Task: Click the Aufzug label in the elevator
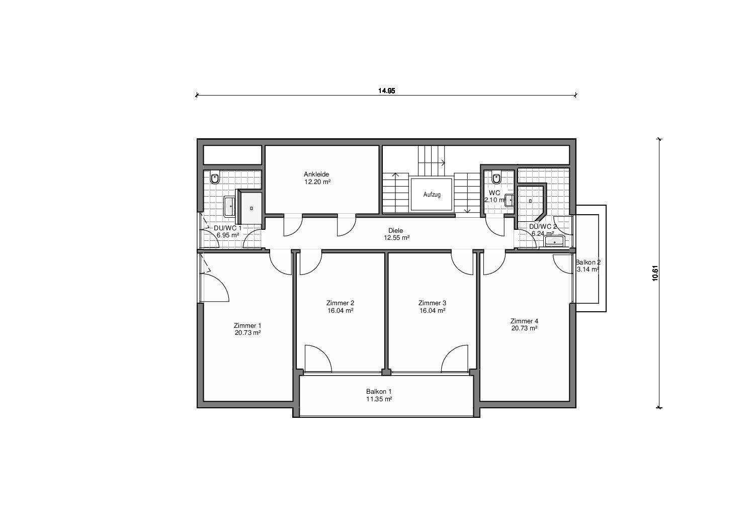432,195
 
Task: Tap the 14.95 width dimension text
387,91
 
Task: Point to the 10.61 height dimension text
655,273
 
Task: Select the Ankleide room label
316,174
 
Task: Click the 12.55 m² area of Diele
397,238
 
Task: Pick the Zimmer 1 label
247,326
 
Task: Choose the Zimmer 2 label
340,303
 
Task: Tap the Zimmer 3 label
432,303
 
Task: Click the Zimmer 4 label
524,321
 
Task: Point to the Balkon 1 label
379,392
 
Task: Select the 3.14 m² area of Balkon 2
588,270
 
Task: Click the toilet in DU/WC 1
215,178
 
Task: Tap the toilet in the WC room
496,178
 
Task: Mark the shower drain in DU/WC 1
252,208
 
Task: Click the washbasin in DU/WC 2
554,241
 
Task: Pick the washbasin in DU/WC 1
230,206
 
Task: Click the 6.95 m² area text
228,235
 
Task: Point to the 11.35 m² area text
379,399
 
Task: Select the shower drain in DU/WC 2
530,201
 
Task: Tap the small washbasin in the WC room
510,200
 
